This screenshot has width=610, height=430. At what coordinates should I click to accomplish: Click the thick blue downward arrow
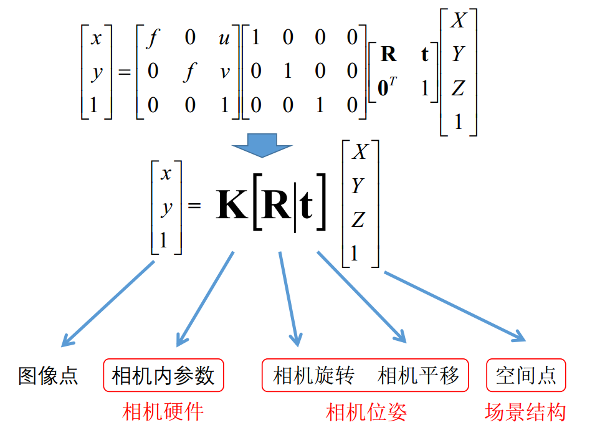[x=262, y=146]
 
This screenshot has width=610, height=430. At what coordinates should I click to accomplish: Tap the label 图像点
[x=49, y=376]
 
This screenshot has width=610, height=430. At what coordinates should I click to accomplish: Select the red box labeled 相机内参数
[x=163, y=376]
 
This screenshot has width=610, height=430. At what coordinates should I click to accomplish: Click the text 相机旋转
[x=314, y=376]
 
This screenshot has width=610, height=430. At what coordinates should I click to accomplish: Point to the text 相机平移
[x=418, y=376]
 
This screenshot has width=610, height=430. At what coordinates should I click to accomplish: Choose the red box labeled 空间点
[x=526, y=376]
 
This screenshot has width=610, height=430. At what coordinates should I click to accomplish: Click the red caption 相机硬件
[x=163, y=411]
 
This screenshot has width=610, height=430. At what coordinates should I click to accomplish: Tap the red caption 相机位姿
[x=366, y=411]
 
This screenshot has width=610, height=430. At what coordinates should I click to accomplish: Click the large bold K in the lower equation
[x=231, y=206]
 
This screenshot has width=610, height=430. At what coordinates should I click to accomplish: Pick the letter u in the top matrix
[x=224, y=39]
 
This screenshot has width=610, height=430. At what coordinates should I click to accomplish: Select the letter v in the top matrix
[x=224, y=72]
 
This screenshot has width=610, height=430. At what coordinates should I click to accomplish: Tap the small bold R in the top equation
[x=388, y=55]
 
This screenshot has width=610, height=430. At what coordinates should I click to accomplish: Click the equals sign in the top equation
[x=124, y=72]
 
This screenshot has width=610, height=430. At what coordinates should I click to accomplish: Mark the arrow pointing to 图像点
[x=107, y=303]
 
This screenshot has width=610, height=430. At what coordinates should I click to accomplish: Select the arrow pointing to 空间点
[x=455, y=305]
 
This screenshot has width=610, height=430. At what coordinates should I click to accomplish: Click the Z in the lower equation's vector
[x=358, y=219]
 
